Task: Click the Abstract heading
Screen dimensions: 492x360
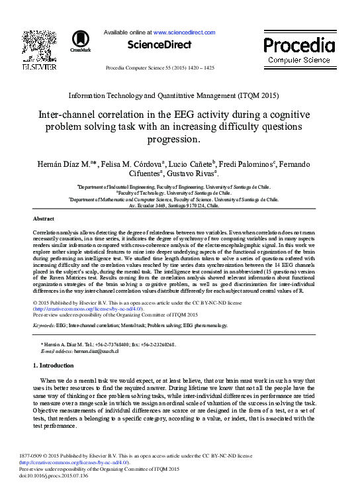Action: [44, 218]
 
